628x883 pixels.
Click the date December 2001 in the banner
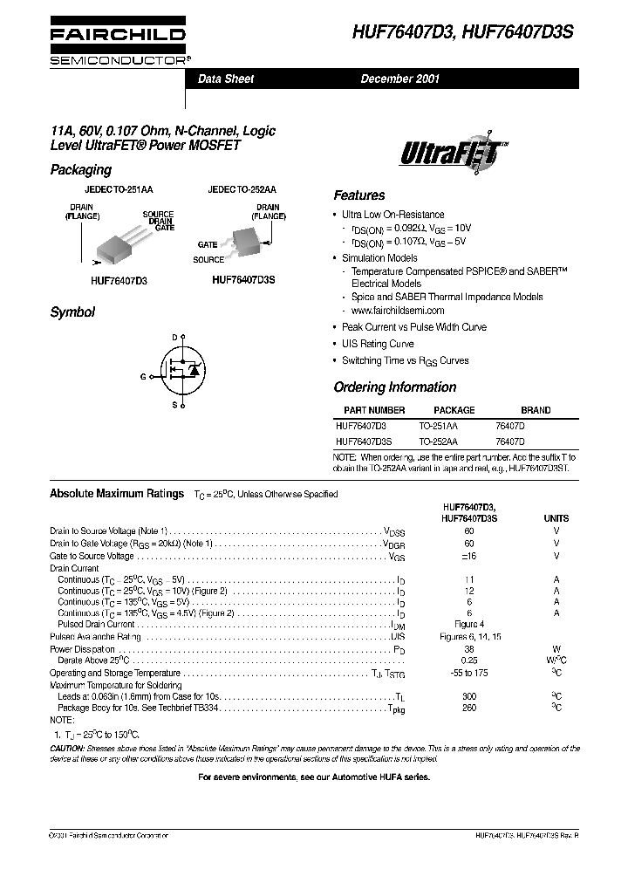pos(400,79)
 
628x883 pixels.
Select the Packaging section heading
pos(80,169)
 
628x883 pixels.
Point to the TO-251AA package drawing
pos(121,243)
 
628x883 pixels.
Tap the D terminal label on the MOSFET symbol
pos(174,337)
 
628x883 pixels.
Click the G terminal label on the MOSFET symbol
pos(143,376)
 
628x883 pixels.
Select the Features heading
pos(358,195)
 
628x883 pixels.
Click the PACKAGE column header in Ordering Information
pos(454,410)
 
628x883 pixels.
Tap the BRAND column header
pos(536,410)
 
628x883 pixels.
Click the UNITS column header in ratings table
pos(556,518)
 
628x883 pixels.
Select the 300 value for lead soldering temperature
pos(469,697)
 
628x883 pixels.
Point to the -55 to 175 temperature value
pos(469,673)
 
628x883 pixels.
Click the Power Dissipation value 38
pos(469,649)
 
